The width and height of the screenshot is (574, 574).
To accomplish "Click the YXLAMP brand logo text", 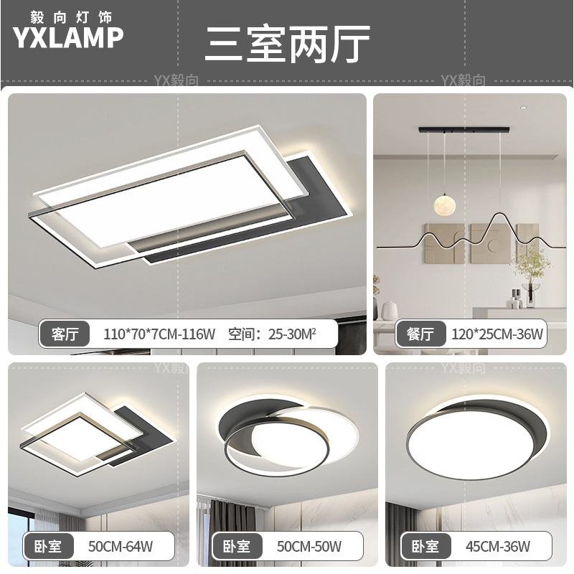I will pyautogui.click(x=69, y=37).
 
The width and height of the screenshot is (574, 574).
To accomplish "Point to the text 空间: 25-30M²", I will pyautogui.click(x=272, y=334).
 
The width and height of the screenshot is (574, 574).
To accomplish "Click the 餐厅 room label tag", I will pyautogui.click(x=421, y=334).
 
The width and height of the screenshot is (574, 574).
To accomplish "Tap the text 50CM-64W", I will pyautogui.click(x=120, y=547).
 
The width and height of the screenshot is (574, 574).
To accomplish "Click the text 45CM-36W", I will pyautogui.click(x=500, y=547).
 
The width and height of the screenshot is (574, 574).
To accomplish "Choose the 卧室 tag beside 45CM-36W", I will pyautogui.click(x=426, y=547).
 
